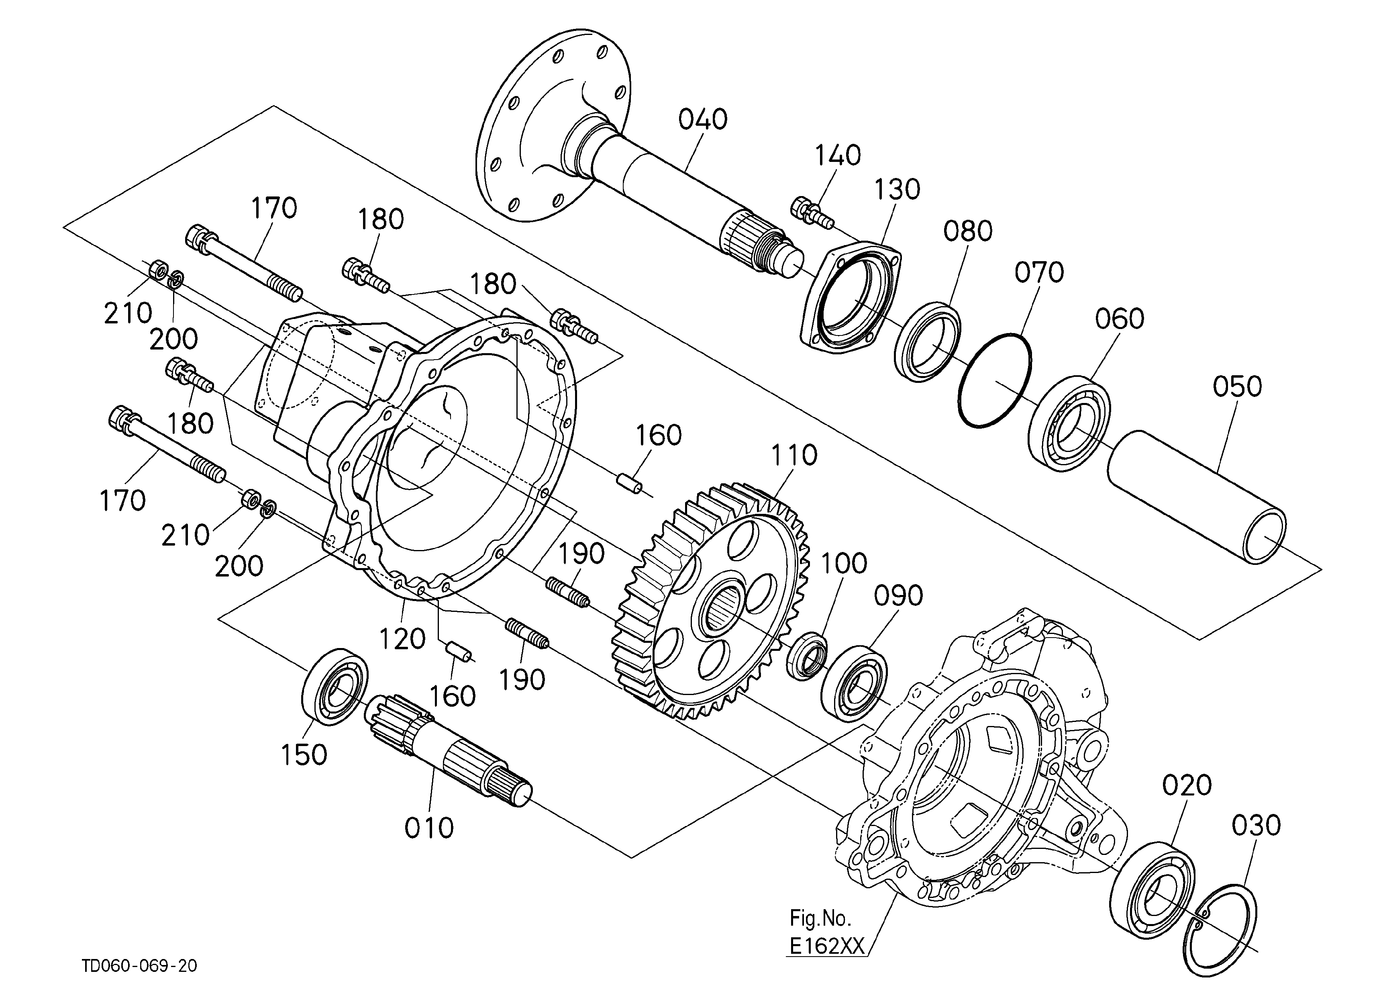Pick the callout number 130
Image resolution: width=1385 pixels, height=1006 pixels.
coord(896,190)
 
